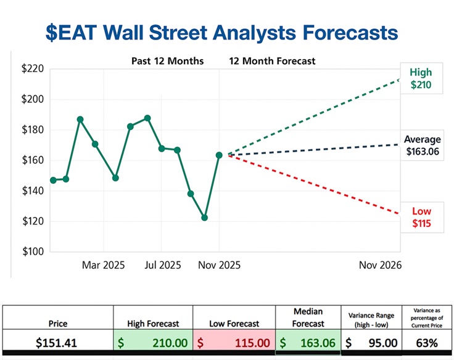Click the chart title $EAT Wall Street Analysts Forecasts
click(x=222, y=32)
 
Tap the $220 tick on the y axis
click(x=32, y=68)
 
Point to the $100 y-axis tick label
click(x=32, y=252)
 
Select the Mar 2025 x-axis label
click(x=103, y=265)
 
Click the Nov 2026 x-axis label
click(x=381, y=265)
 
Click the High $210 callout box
click(x=421, y=78)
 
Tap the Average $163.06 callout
click(x=422, y=145)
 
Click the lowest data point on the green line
click(x=204, y=218)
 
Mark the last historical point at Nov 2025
click(x=219, y=155)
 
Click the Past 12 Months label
click(x=167, y=61)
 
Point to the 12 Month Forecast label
click(x=272, y=61)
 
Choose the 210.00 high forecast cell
click(x=153, y=342)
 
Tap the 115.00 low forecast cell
click(x=233, y=342)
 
